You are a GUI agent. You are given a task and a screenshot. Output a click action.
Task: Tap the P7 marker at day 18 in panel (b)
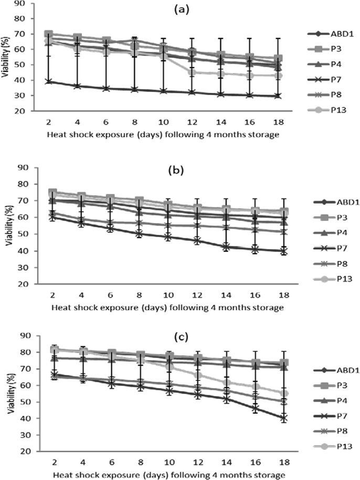click(283, 251)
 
